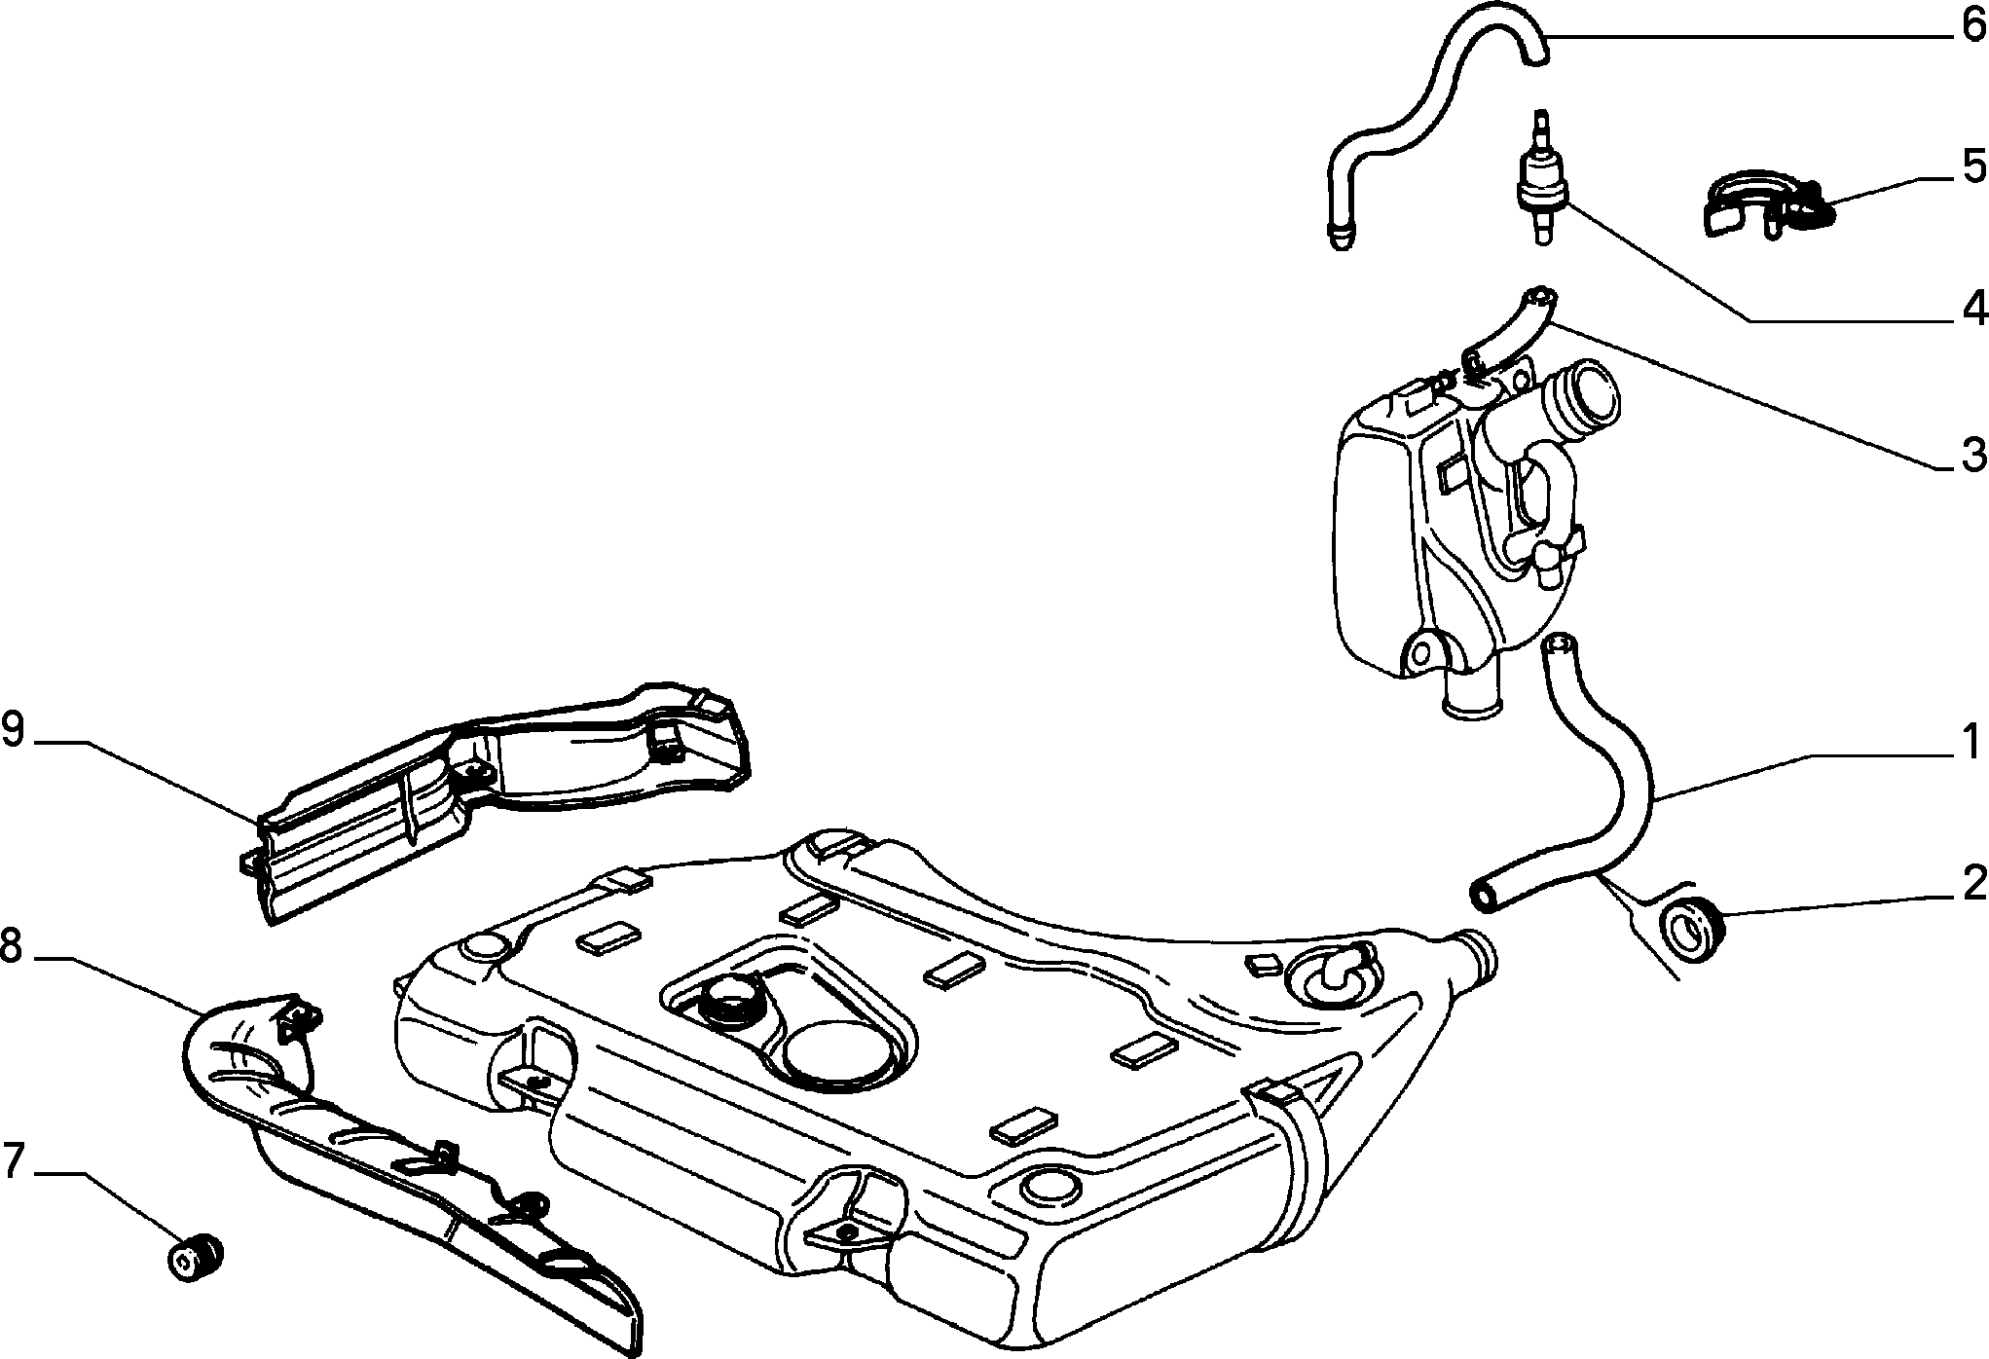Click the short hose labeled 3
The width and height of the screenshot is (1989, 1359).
[x=1507, y=331]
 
